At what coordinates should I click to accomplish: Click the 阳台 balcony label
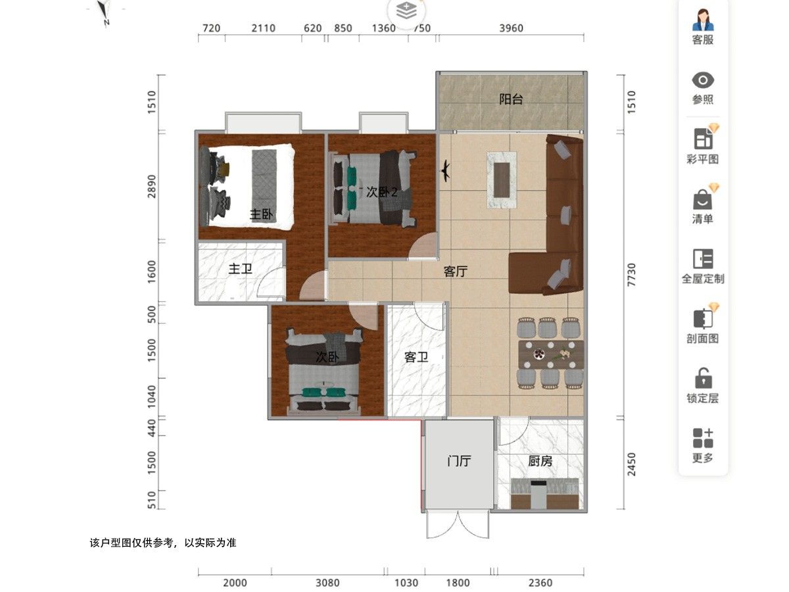coord(510,99)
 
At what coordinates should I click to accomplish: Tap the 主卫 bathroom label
coord(240,268)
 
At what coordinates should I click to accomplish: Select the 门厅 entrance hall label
coord(459,460)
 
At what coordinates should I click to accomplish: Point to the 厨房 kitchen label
coord(540,460)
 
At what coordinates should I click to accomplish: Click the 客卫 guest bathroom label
coord(416,357)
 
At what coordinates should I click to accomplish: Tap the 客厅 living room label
coord(456,272)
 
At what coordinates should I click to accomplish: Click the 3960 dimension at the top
coord(511,28)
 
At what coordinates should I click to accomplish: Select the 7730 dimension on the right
coord(631,274)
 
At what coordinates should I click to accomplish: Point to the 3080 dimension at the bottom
coord(327,582)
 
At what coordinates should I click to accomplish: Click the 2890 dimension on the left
coord(152,186)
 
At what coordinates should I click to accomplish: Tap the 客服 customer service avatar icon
coord(703,20)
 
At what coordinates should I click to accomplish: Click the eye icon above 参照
coord(703,80)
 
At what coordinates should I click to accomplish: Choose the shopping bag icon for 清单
coord(702,200)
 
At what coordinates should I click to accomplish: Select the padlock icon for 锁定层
coord(703,378)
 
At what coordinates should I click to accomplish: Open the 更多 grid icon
coord(703,438)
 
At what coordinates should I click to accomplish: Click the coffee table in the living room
coord(502,180)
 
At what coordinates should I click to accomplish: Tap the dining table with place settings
coord(551,355)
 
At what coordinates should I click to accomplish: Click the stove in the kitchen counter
coord(538,493)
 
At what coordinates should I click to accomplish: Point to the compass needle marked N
coord(104,11)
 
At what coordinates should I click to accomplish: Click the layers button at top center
coord(406,11)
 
